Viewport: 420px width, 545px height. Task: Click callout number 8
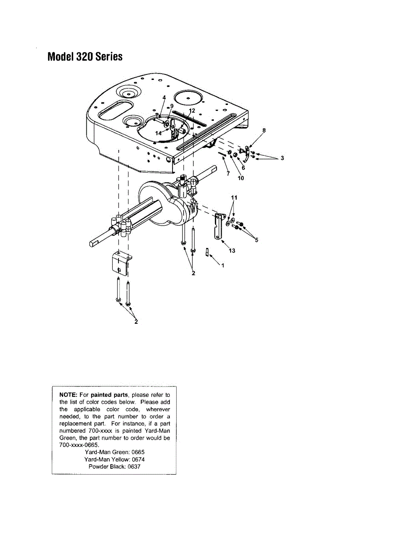tap(264, 130)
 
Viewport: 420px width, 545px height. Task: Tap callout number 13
tap(232, 251)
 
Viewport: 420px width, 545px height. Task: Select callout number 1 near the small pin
tap(222, 266)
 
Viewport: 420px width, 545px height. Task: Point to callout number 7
tap(228, 173)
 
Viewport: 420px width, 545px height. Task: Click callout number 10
tap(241, 178)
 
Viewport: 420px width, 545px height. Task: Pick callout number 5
tap(257, 240)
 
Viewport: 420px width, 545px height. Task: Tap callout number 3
tap(282, 158)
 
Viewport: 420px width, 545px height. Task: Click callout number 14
tap(158, 134)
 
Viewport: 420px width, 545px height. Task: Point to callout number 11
tap(234, 198)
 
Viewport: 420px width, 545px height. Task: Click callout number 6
tap(243, 168)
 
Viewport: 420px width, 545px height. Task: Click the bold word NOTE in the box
tap(69, 395)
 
